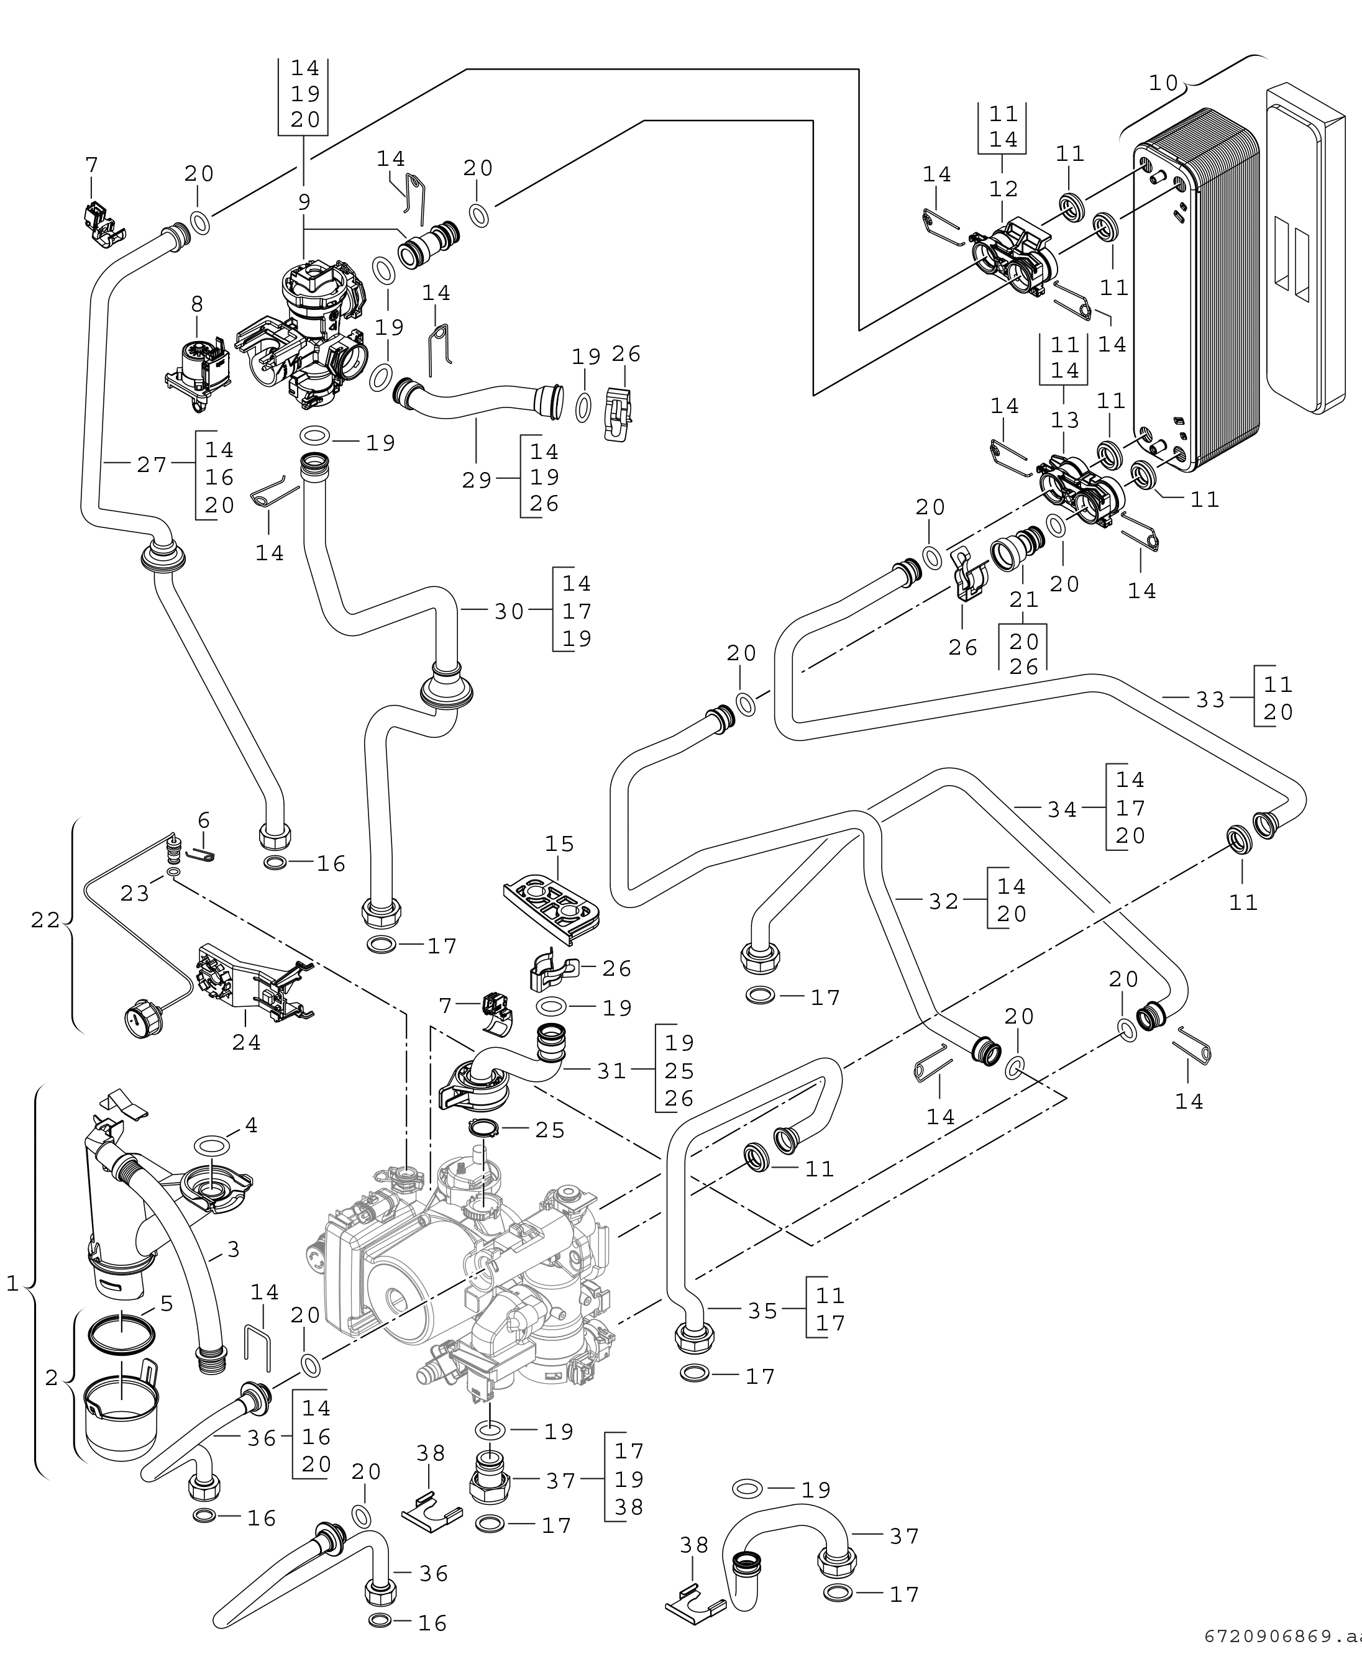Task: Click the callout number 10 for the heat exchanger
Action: tap(1164, 83)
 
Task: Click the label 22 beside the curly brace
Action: tap(45, 920)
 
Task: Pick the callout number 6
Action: tap(204, 820)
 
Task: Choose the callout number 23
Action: tap(134, 893)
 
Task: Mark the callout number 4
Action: tap(251, 1125)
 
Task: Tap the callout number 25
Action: tap(549, 1130)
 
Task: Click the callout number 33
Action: tap(1210, 699)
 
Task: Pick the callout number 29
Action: tap(476, 480)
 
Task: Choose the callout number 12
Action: tap(1003, 189)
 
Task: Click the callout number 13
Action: tap(1064, 420)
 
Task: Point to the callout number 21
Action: tap(1023, 599)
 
